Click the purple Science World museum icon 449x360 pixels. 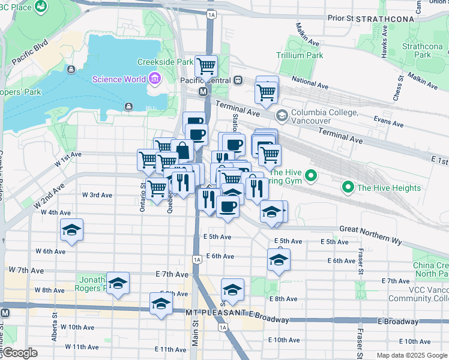(155, 79)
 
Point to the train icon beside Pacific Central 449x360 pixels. (238, 80)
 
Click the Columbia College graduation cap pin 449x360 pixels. (281, 115)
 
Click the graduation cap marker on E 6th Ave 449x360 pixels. (279, 260)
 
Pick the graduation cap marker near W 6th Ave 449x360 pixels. (71, 230)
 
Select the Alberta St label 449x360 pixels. (54, 318)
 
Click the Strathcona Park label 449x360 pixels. (417, 50)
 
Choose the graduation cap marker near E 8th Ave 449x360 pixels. (232, 289)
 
